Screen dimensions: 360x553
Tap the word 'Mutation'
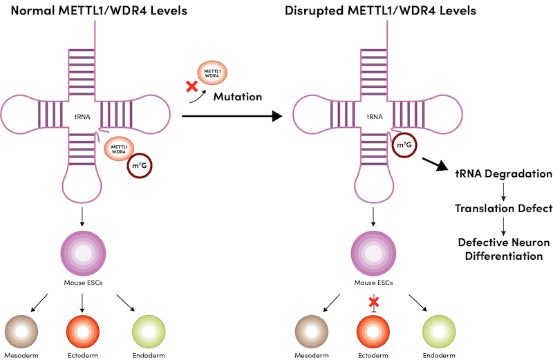point(237,96)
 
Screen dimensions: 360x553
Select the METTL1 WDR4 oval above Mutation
point(213,71)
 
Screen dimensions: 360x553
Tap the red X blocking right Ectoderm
point(374,302)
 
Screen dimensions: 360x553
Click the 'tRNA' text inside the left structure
point(83,117)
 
